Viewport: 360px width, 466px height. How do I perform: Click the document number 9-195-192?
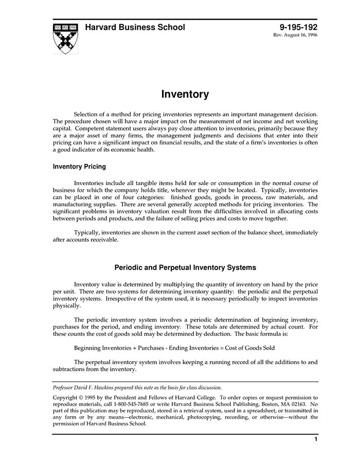coord(298,27)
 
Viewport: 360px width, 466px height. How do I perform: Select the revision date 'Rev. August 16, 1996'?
coord(295,36)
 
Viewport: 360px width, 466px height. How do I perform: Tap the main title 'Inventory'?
coord(185,94)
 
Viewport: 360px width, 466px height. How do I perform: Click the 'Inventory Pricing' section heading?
coord(79,167)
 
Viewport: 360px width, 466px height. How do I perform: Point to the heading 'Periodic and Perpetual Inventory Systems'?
coord(185,267)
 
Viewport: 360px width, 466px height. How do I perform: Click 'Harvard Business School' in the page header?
coord(135,27)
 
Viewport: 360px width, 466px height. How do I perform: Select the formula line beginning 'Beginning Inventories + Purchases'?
coord(174,348)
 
